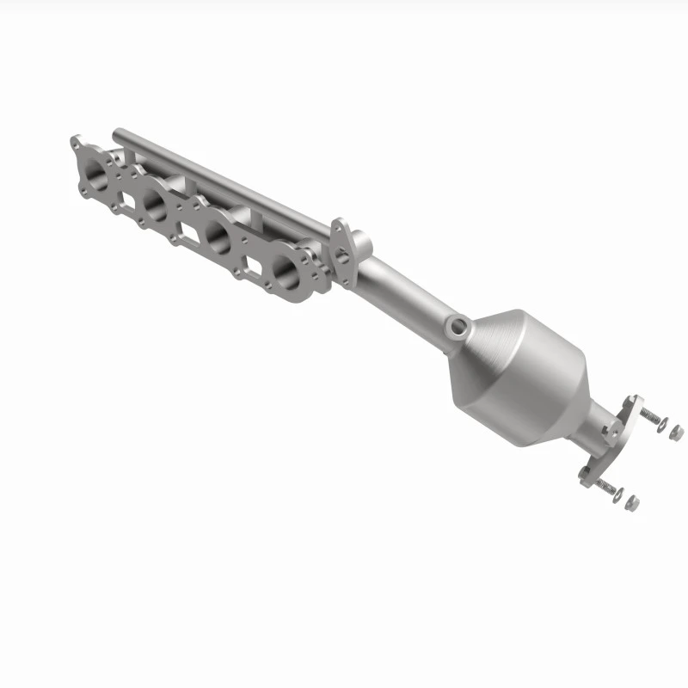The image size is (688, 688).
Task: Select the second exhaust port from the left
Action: click(x=156, y=203)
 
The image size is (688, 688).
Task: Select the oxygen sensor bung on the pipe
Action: click(x=458, y=326)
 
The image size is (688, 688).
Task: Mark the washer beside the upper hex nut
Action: click(x=664, y=424)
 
